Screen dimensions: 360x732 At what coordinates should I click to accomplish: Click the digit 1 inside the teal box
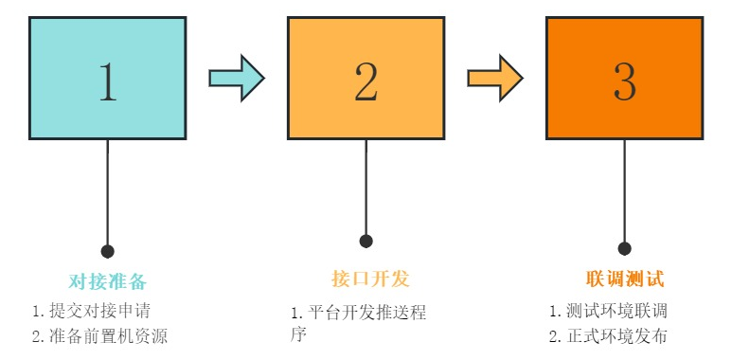(108, 82)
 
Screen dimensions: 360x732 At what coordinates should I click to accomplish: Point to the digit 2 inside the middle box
(366, 82)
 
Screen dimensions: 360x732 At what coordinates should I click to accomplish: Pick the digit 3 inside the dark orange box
(624, 82)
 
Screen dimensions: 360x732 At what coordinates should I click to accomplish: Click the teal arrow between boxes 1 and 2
(236, 78)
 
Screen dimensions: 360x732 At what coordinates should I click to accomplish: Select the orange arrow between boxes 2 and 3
(494, 78)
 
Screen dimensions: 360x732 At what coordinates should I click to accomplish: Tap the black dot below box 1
(108, 251)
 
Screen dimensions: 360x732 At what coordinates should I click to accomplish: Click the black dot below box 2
(366, 241)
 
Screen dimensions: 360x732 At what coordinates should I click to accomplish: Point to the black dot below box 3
(624, 248)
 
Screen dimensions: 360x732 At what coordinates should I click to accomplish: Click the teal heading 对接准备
(108, 280)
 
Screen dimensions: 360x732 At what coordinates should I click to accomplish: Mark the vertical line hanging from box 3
(624, 189)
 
